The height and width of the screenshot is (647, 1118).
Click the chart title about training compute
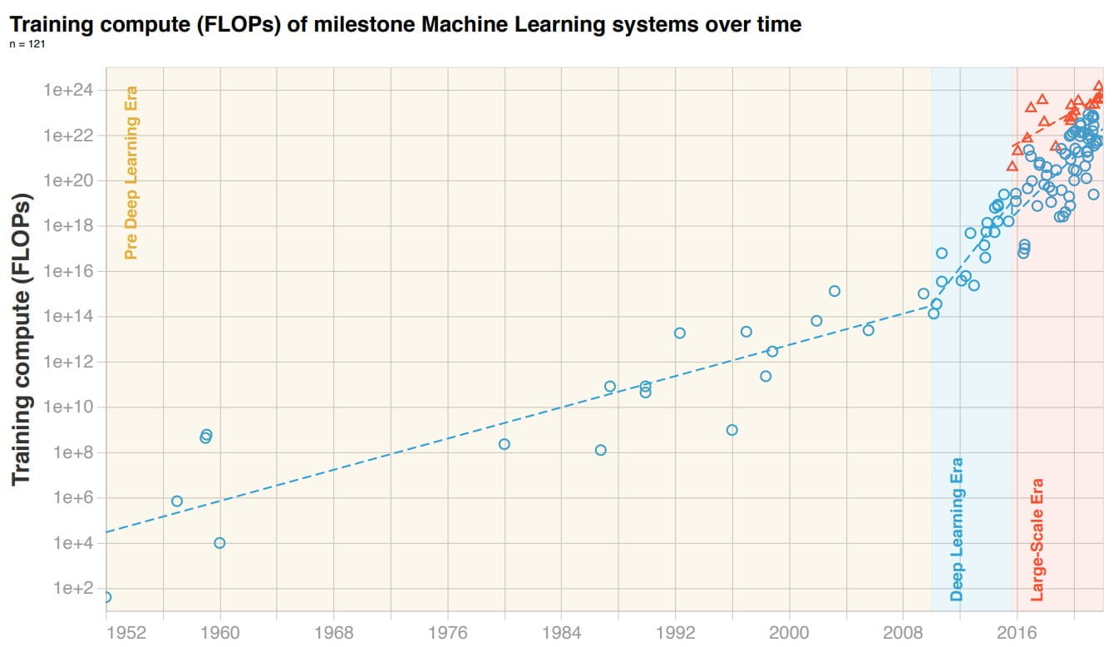406,25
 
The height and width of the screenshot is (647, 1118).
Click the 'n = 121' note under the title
27,44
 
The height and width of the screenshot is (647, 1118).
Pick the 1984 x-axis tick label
562,631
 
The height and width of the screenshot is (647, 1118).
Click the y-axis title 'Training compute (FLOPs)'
22,340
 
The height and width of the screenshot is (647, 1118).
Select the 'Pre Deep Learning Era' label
131,173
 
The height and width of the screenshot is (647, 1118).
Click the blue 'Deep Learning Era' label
957,530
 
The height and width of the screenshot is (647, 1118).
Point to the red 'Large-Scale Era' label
1037,539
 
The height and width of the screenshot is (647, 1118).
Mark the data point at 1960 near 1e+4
219,543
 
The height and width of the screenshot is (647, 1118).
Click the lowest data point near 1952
106,597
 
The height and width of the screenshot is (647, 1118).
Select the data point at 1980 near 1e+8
504,444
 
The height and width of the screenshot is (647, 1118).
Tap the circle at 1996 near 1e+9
731,430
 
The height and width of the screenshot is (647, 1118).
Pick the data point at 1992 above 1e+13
680,333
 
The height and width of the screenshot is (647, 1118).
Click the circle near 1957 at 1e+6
177,501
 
